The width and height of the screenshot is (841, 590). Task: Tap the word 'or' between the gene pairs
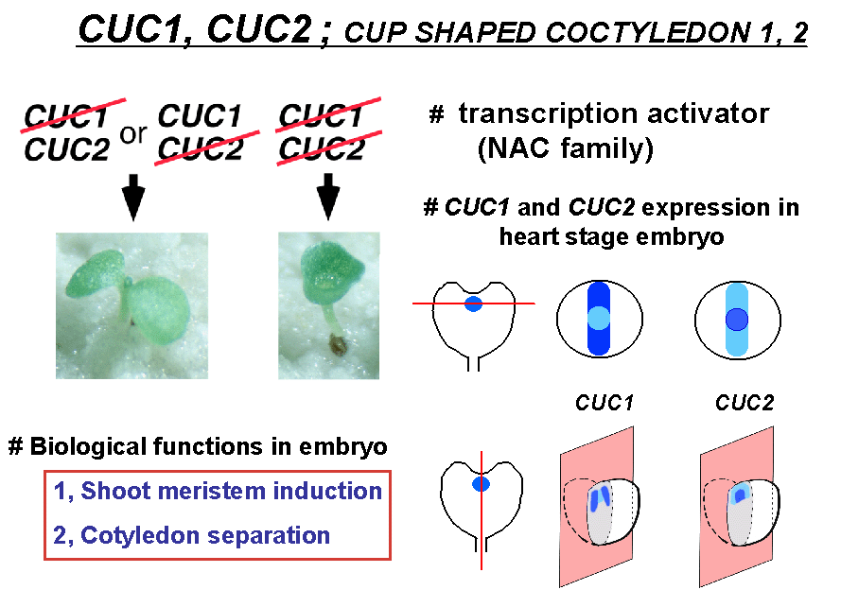click(133, 134)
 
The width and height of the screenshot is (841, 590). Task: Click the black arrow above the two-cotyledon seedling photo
click(133, 197)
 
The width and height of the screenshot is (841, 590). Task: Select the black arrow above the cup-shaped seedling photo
click(328, 196)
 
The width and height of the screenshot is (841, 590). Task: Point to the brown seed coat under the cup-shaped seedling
click(338, 344)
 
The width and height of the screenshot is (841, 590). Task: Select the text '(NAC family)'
click(566, 148)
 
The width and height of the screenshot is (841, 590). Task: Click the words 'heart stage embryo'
click(611, 236)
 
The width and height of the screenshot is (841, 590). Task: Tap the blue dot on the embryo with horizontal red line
click(473, 304)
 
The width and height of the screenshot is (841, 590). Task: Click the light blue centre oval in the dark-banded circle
click(599, 318)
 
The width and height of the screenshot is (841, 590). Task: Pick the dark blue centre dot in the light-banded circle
click(737, 319)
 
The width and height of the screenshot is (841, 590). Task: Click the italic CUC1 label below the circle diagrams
click(604, 403)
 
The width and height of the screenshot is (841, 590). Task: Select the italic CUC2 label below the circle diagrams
click(745, 403)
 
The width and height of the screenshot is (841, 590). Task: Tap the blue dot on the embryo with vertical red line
click(482, 484)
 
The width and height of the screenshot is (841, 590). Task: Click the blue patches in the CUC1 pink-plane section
click(600, 498)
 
